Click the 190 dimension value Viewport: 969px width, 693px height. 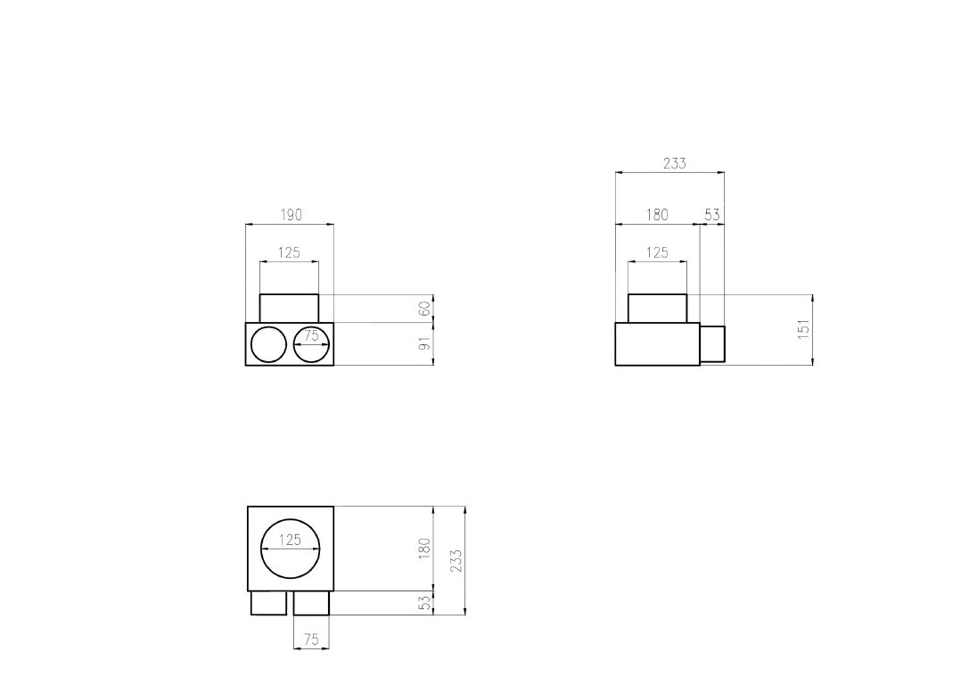point(292,215)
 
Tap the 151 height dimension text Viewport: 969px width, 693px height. point(803,329)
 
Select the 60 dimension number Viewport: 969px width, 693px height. point(424,309)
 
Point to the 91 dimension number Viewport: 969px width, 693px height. point(424,344)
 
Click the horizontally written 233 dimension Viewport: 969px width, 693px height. point(675,163)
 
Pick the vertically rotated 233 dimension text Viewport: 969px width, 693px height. point(456,561)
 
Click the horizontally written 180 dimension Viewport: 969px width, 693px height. point(658,215)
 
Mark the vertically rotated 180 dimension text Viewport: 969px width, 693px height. point(424,549)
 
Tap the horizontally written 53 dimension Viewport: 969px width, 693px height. point(712,215)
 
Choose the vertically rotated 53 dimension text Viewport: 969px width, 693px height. point(424,603)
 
